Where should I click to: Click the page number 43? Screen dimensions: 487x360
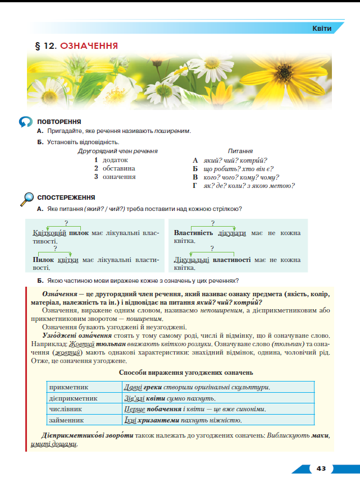(x=321, y=468)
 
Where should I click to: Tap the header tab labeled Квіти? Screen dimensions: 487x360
(x=322, y=28)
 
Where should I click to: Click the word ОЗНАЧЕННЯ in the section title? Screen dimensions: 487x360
(x=89, y=45)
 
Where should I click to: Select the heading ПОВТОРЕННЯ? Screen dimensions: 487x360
(x=59, y=122)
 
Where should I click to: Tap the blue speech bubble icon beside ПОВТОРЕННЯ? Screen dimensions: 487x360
(x=26, y=122)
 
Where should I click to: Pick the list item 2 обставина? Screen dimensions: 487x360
(x=115, y=168)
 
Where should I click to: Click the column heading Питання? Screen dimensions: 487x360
(x=240, y=151)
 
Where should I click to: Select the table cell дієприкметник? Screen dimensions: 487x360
(x=74, y=398)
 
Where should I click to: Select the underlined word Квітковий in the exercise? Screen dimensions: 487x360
(x=50, y=232)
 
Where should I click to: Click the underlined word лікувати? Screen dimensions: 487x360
(x=232, y=232)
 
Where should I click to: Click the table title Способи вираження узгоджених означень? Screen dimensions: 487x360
(x=186, y=372)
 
